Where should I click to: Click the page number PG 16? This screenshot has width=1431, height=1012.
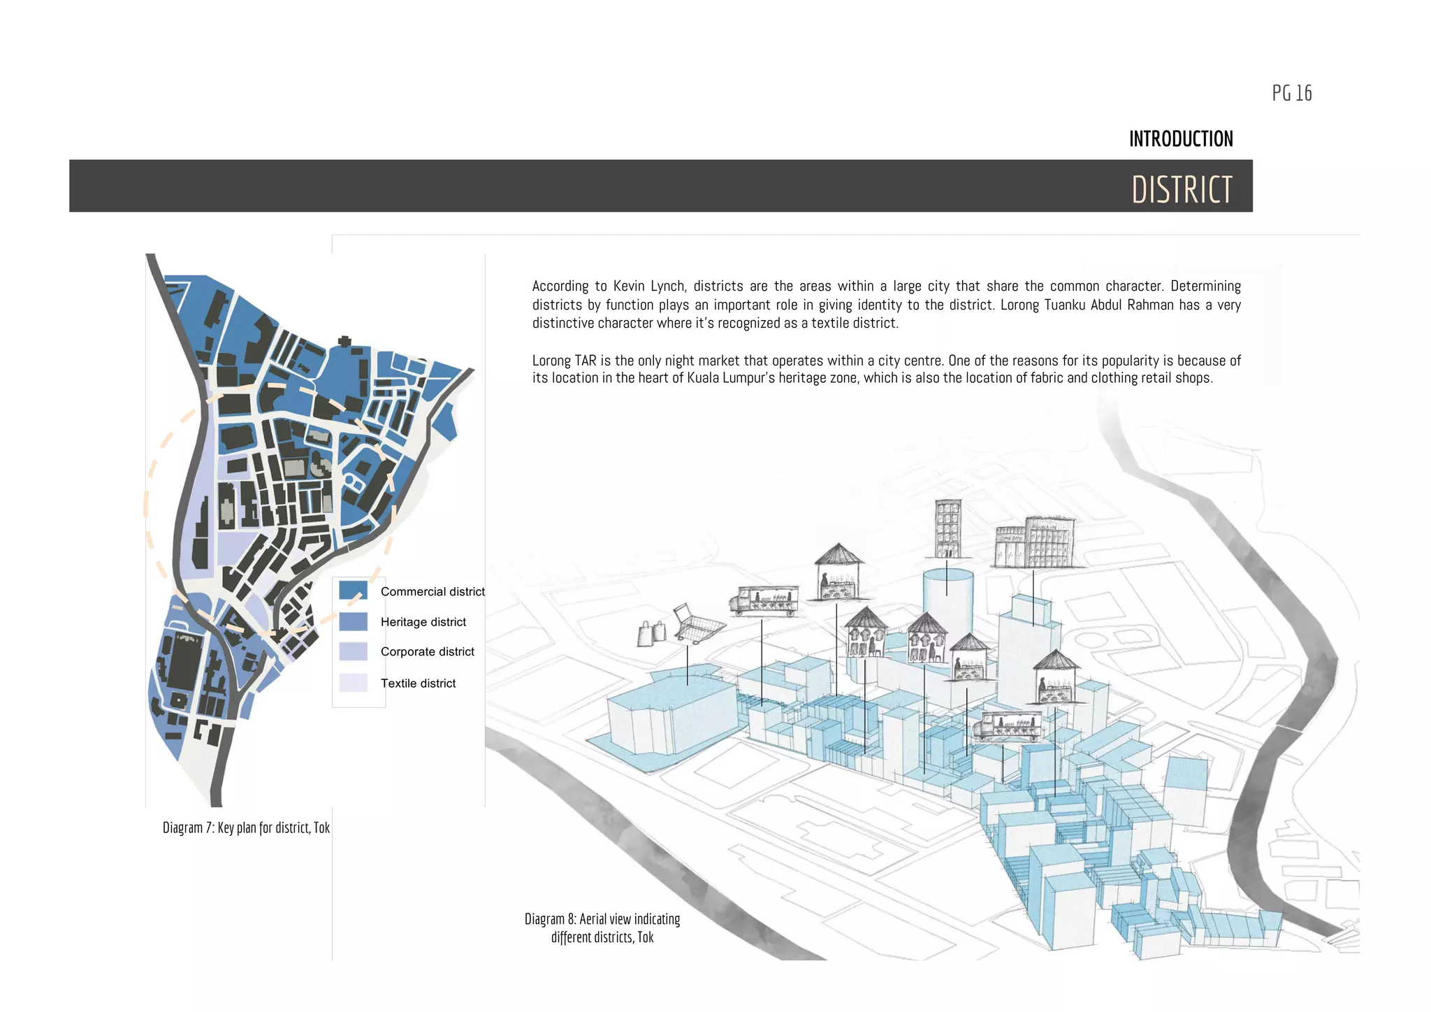click(1291, 93)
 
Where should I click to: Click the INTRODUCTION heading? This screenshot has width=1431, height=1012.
click(1181, 139)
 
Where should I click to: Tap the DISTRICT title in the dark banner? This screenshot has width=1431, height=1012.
click(1182, 189)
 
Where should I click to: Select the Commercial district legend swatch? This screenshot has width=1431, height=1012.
click(353, 591)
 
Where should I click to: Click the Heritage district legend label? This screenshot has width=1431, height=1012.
click(423, 622)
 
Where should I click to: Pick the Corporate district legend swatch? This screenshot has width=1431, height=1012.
click(353, 651)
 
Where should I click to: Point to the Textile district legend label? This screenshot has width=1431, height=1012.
click(418, 684)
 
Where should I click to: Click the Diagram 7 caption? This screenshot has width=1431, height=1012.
click(246, 828)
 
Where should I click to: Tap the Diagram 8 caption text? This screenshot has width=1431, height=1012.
click(602, 928)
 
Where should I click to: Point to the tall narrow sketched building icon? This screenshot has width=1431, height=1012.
click(948, 528)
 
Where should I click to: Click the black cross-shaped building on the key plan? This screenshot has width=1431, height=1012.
click(344, 342)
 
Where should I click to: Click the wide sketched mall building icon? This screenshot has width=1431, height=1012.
click(1034, 543)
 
